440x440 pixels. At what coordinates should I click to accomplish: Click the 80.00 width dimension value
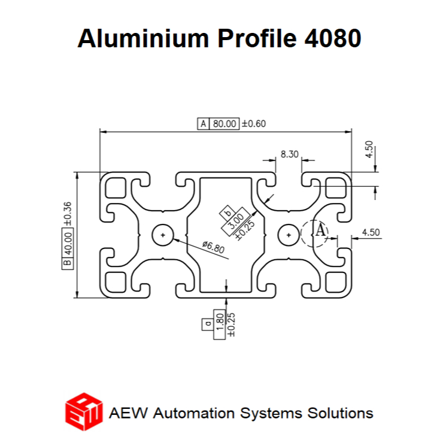coord(224,124)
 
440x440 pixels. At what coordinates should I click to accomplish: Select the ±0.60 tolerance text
coord(254,124)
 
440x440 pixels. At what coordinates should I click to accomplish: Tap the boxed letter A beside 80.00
coord(204,124)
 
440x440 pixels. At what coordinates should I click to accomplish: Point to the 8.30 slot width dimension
coord(290,154)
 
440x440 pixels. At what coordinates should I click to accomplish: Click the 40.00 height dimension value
coord(68,243)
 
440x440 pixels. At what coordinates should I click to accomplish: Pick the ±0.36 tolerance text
coord(68,214)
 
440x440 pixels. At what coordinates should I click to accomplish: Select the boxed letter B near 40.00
coord(68,263)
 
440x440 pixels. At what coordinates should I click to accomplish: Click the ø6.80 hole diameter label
coord(214,247)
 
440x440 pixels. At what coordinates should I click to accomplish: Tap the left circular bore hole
coord(163,235)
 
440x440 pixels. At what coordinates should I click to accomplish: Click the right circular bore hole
coord(289,235)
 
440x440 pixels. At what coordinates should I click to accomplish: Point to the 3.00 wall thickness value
coord(236,221)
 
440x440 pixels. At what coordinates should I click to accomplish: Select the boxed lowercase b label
coord(227,213)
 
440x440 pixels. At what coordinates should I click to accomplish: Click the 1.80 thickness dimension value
coord(220,322)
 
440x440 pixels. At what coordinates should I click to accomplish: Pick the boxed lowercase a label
coord(208,324)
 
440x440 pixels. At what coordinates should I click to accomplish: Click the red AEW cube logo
coord(84,412)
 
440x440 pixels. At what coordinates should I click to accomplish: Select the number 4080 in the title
coord(333,38)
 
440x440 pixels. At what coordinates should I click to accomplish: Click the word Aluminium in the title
coord(143,38)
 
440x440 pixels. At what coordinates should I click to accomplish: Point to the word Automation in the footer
coord(194,413)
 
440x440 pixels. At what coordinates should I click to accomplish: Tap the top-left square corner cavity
coord(116,188)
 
